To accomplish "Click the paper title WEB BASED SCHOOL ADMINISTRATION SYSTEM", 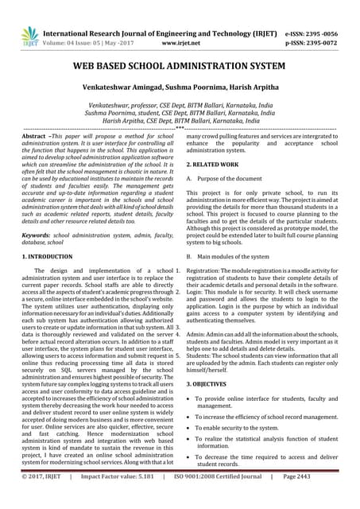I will pyautogui.click(x=180, y=69).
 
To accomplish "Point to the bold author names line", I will pyautogui.click(x=180, y=94).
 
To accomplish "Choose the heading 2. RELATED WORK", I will pyautogui.click(x=215, y=164).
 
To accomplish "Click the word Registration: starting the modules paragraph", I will pyautogui.click(x=206, y=272).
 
